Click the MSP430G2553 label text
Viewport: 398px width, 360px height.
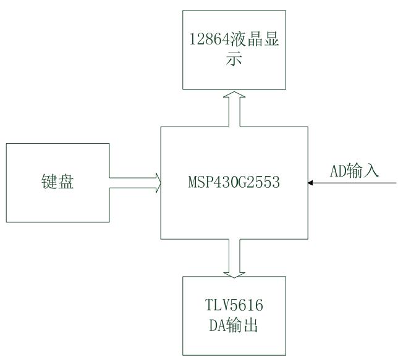coord(235,183)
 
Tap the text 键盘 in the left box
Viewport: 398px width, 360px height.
coord(57,183)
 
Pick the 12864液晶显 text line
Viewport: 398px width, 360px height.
coord(235,41)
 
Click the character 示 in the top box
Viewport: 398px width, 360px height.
coord(235,61)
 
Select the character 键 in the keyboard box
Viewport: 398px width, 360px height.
coord(49,183)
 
